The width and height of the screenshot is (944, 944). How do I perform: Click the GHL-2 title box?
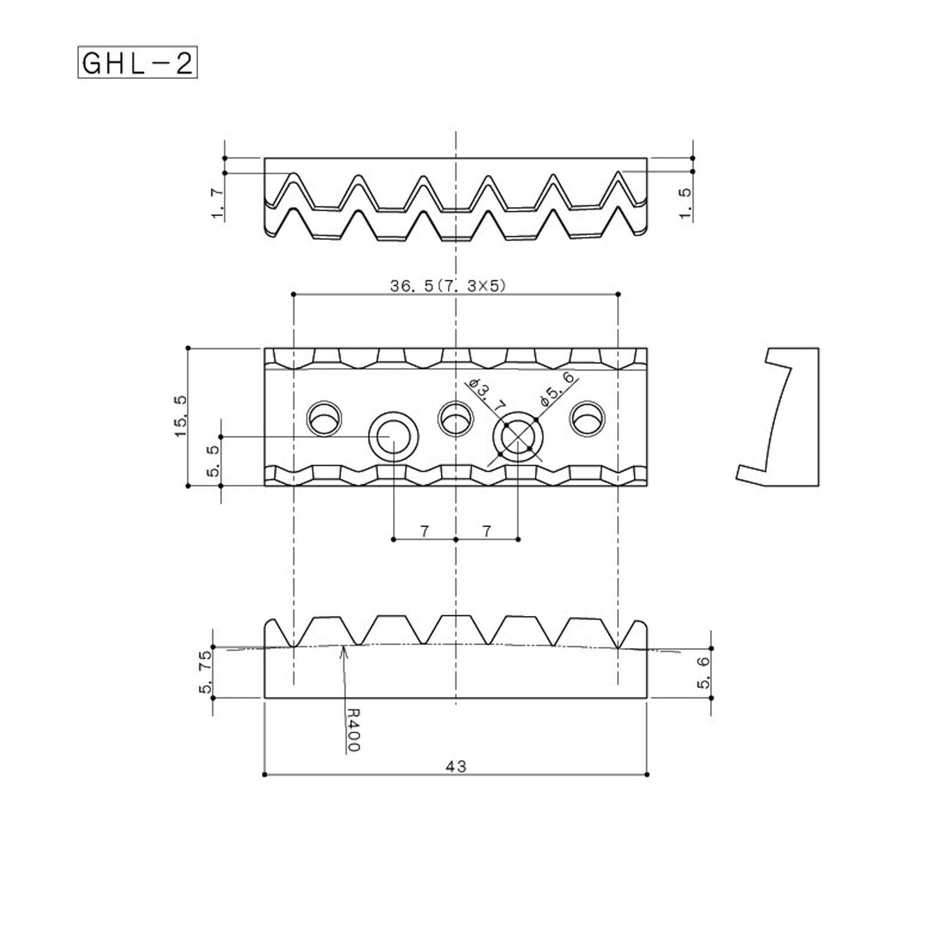pos(137,62)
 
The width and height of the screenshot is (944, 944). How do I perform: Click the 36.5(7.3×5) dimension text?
pos(448,285)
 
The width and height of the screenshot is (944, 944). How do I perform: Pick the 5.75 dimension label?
pos(205,672)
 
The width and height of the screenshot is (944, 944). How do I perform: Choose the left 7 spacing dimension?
pos(424,530)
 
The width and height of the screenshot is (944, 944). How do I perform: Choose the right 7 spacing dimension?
pos(486,530)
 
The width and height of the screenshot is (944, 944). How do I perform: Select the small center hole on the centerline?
pos(455,418)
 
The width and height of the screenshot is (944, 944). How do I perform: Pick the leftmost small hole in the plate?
pos(324,418)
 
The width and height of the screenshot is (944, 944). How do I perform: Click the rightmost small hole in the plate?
pos(587,418)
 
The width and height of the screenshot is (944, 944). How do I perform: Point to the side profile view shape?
pos(777,417)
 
